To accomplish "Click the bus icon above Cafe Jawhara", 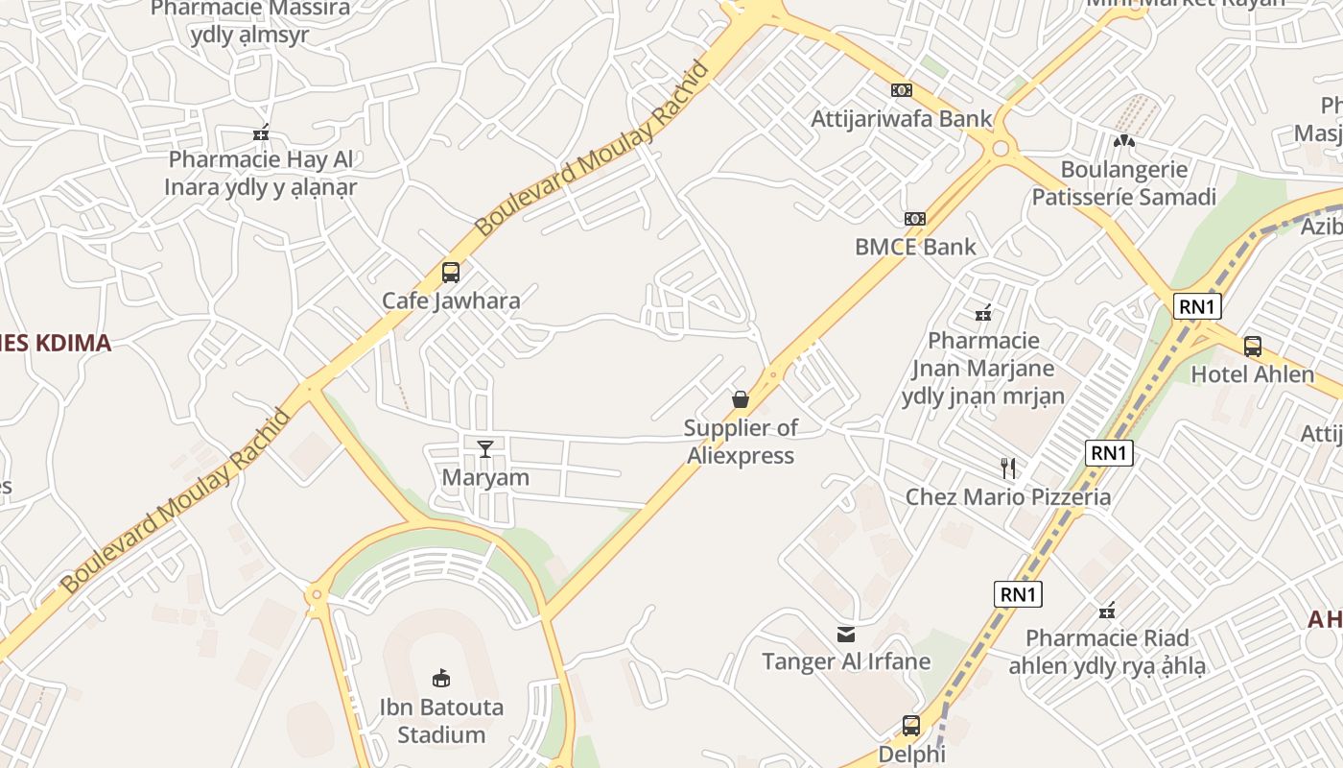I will [450, 272].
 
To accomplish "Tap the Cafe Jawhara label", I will [451, 300].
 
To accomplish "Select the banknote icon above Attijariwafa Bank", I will [901, 90].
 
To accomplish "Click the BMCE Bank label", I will [915, 247].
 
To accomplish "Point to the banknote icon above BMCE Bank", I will [915, 219].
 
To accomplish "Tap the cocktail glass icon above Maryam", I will [485, 448].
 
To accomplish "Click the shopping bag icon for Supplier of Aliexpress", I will [741, 398].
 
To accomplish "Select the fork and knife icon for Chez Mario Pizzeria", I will [1008, 468].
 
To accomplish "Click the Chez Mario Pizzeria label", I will [1008, 496].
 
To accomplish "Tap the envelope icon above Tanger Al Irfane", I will [846, 634].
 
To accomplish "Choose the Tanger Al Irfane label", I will [846, 661].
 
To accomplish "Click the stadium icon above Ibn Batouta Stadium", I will [441, 679].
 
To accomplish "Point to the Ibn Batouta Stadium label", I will [441, 721].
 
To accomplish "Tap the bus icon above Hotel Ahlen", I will [1252, 347].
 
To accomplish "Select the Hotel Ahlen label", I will [1252, 374].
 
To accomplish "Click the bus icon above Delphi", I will [911, 726].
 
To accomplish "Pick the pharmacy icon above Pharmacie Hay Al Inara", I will [261, 132].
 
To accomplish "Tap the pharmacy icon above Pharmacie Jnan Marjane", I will [983, 312].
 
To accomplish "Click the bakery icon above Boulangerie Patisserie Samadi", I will [1124, 141].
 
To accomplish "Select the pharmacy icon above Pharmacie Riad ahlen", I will [1107, 611].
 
